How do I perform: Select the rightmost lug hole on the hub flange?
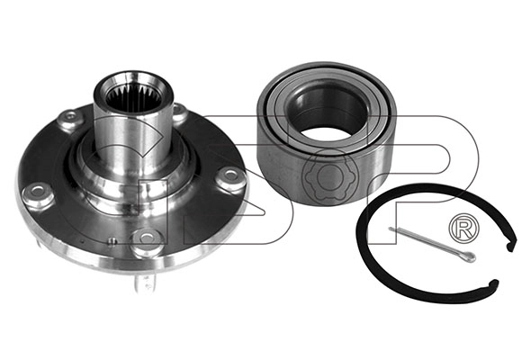231,175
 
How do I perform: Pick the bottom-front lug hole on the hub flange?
147,238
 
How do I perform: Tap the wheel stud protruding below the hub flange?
146,280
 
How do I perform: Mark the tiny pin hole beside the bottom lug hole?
112,241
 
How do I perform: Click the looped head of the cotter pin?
470,256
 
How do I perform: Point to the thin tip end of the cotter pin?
391,229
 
